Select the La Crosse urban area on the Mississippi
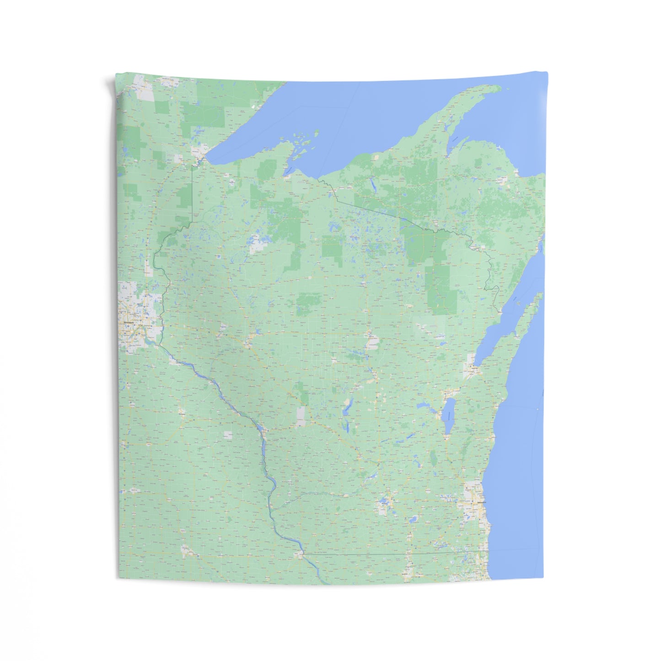[261, 433]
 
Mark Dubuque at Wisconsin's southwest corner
[299, 554]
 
